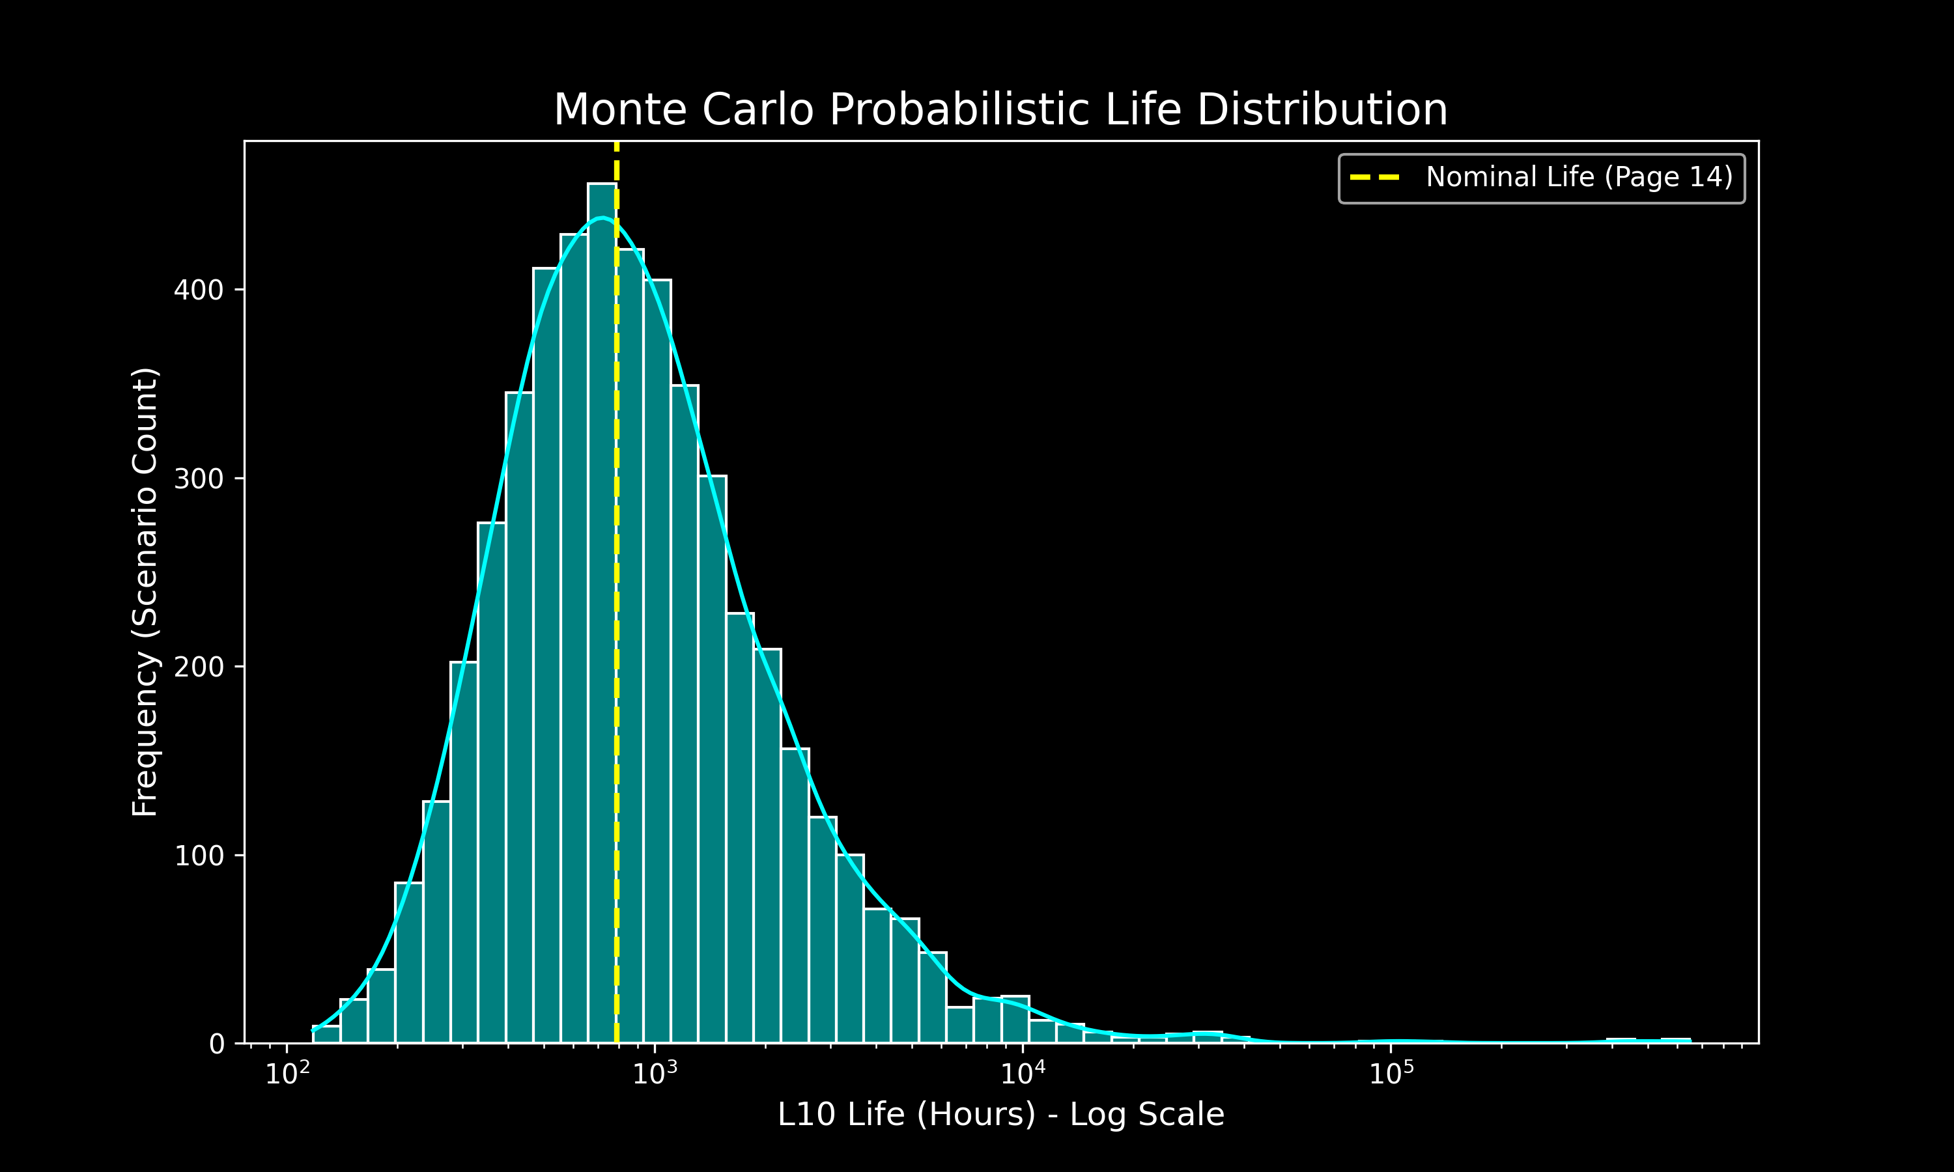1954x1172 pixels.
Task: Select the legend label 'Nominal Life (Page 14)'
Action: [1579, 177]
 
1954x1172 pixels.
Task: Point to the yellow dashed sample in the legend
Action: [1375, 177]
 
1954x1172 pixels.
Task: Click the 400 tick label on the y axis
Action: [198, 290]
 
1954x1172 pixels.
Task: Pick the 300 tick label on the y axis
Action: [198, 479]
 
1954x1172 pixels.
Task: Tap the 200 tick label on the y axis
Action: [198, 667]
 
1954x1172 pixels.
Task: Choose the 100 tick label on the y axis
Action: [198, 856]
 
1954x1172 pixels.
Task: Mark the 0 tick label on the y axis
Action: [216, 1045]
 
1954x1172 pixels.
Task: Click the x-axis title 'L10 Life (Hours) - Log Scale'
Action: [1000, 1114]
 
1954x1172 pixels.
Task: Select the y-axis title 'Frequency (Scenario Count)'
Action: [145, 593]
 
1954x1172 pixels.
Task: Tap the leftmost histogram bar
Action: [326, 1035]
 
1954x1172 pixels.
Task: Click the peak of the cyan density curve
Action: [602, 218]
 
